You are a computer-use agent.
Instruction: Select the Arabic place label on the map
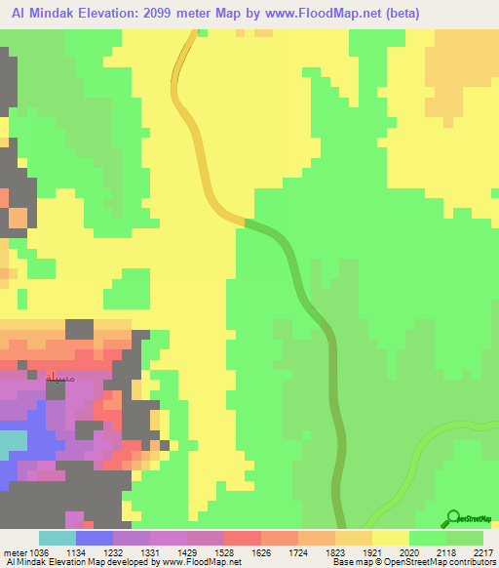pyautogui.click(x=58, y=377)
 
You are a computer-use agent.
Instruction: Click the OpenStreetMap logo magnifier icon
pyautogui.click(x=451, y=520)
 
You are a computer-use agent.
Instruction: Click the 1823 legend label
pyautogui.click(x=316, y=551)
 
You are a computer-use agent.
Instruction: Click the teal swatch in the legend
pyautogui.click(x=57, y=538)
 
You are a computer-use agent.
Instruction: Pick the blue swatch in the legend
pyautogui.click(x=94, y=538)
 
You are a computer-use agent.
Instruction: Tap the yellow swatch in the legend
pyautogui.click(x=391, y=538)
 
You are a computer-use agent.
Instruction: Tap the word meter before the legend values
pyautogui.click(x=16, y=551)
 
